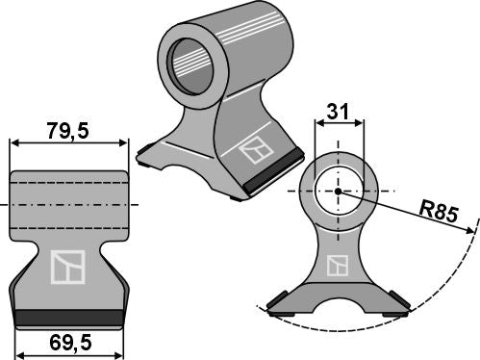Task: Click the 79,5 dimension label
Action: point(68,130)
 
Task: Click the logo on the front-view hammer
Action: point(67,266)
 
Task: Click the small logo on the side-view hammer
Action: point(338,265)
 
